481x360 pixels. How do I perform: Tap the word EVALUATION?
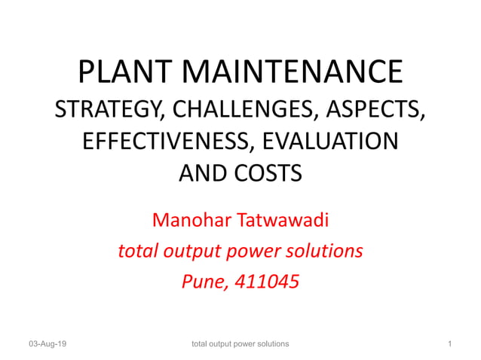(x=329, y=142)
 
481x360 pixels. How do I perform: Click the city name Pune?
(x=203, y=282)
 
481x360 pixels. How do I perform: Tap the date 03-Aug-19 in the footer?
(x=47, y=344)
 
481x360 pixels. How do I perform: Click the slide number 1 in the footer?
(x=449, y=344)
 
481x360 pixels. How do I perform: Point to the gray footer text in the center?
(x=240, y=344)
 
